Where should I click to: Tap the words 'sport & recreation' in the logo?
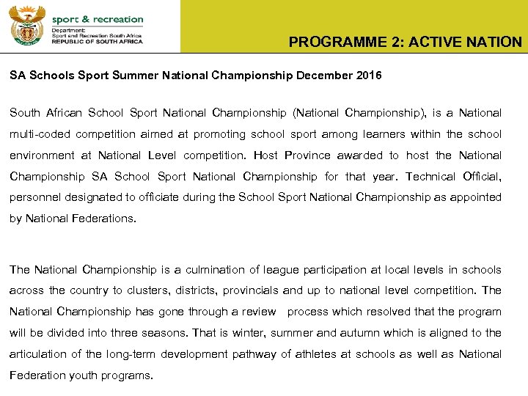98,19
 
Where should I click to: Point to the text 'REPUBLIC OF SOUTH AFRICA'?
98,42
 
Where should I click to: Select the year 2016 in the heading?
367,76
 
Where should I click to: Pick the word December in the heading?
325,76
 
